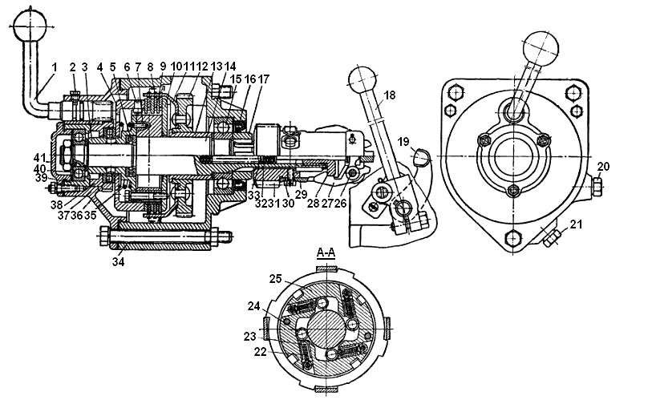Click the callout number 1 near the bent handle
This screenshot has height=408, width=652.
click(54, 67)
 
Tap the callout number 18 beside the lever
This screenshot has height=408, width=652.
click(389, 95)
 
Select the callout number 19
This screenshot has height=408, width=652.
click(403, 142)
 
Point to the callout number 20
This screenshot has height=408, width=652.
click(603, 167)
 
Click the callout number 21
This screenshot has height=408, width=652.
click(576, 224)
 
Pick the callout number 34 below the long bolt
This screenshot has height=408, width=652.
click(118, 262)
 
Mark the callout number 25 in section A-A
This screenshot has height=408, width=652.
click(276, 279)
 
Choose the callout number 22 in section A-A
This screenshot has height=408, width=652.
click(261, 352)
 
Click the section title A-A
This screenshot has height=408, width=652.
click(326, 252)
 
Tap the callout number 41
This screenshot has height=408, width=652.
click(39, 158)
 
